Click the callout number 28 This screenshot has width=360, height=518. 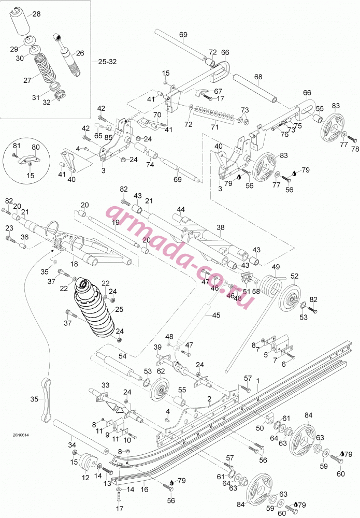tap(36, 14)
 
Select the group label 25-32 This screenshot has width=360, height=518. tap(107, 62)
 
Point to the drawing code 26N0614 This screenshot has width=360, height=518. tap(21, 435)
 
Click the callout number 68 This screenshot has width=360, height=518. tap(258, 77)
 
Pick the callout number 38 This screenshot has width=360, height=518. tap(221, 227)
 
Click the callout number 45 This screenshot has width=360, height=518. tap(216, 315)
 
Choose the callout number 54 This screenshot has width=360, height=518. tap(123, 356)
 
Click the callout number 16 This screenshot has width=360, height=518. tap(145, 490)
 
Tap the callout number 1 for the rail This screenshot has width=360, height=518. tap(258, 381)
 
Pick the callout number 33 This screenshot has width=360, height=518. tap(105, 385)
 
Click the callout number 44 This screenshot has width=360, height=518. tap(181, 209)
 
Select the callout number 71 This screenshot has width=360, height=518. tap(215, 127)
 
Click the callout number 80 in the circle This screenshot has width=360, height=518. tap(36, 147)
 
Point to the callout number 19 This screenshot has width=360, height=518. tap(116, 223)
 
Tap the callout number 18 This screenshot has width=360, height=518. tap(74, 264)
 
